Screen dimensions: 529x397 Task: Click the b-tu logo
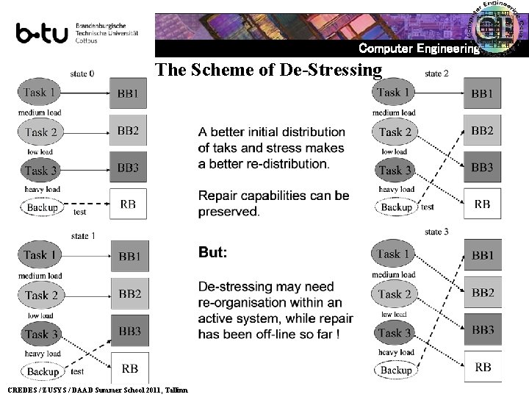tap(42, 34)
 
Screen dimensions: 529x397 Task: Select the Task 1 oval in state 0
tap(40, 93)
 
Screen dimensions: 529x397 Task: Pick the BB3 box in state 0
tap(128, 168)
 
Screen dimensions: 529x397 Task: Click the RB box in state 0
tap(128, 204)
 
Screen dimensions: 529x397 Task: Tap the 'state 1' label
tap(83, 235)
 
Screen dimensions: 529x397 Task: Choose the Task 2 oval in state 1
tap(41, 295)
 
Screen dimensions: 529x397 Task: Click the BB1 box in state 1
tap(129, 257)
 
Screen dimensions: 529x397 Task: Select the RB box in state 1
tap(129, 368)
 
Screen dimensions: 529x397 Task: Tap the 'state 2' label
tap(436, 74)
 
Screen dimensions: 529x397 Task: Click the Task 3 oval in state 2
tap(395, 170)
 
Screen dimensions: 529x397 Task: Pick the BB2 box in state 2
tap(482, 131)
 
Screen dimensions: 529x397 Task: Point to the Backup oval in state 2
tap(396, 207)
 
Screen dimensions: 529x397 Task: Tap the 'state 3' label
tap(436, 232)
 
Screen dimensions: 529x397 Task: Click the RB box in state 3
tap(483, 367)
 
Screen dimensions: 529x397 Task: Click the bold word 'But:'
tap(213, 252)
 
